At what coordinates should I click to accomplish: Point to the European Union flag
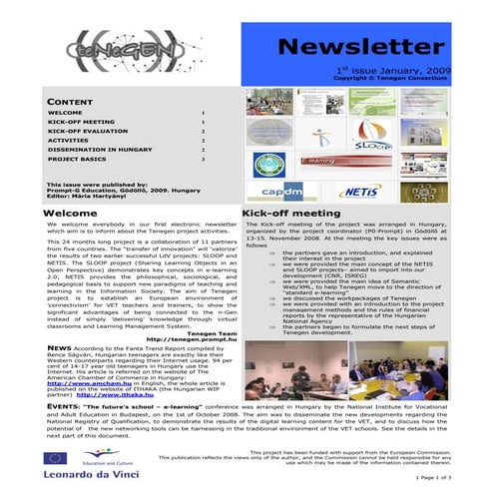click(56, 458)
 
